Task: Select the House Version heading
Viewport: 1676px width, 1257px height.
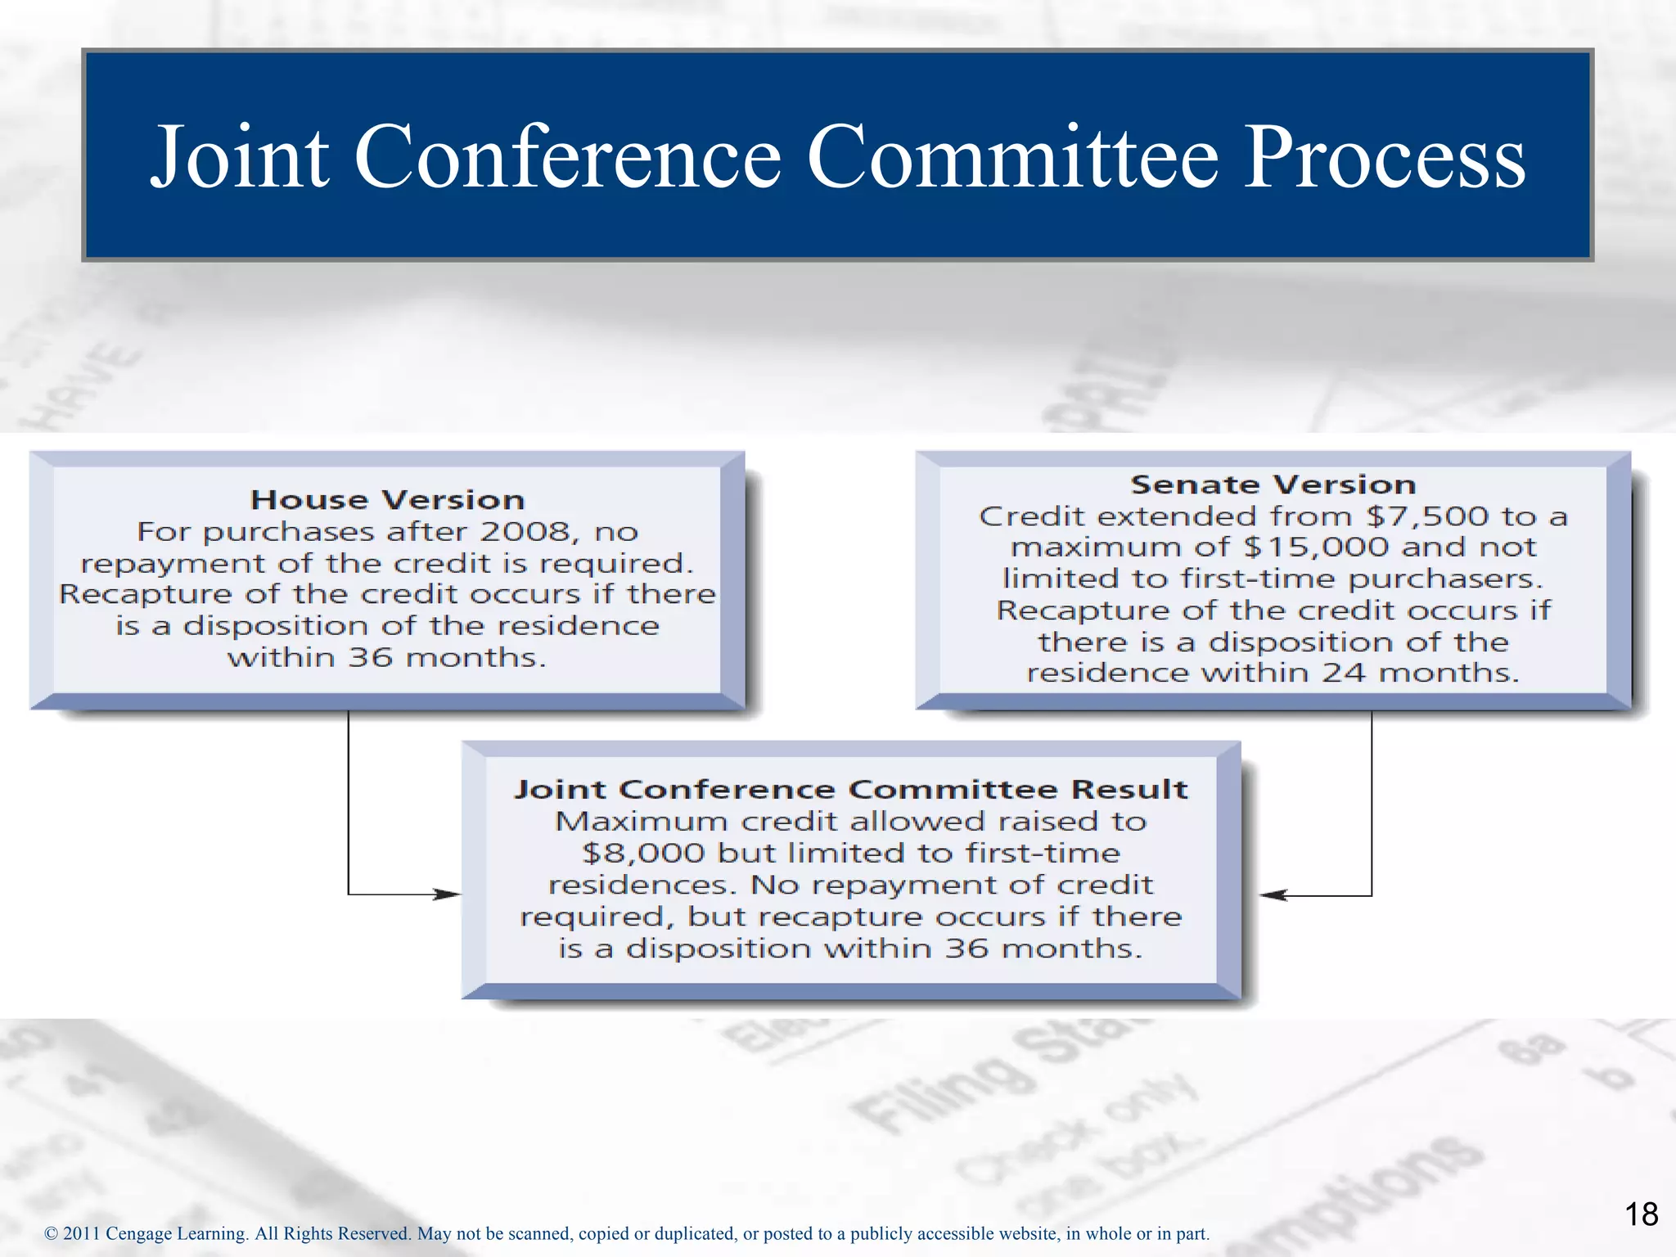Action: pos(387,500)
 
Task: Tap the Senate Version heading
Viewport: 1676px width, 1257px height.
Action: pos(1273,484)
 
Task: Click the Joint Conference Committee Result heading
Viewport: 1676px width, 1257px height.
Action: pos(851,789)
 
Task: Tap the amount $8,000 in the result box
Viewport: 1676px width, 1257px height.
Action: pos(643,854)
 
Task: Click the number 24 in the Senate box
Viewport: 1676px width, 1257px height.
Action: pos(1344,673)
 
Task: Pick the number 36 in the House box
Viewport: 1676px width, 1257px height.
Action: pos(370,658)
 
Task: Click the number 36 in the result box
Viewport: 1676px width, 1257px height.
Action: pos(966,948)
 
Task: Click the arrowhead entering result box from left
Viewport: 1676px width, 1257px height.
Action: pos(448,894)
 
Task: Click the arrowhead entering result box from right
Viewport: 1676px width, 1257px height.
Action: pos(1273,895)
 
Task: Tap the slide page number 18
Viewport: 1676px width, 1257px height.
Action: pos(1641,1214)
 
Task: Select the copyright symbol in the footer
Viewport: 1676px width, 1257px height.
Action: pos(51,1234)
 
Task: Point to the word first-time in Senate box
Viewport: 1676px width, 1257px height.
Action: pos(1259,579)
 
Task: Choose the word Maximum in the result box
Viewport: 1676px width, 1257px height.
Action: pos(641,822)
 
